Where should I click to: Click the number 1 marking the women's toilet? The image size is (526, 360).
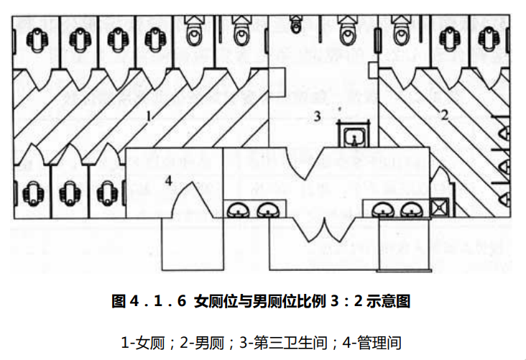(x=149, y=115)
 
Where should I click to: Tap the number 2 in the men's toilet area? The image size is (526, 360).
(x=444, y=114)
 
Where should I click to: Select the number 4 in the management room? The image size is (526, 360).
(x=168, y=181)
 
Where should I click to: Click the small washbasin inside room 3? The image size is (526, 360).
(x=352, y=134)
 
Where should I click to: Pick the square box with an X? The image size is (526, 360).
(x=438, y=208)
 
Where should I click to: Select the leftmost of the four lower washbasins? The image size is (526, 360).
(x=238, y=209)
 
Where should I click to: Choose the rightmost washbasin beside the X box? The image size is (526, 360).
(x=410, y=209)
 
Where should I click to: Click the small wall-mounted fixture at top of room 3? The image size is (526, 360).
(x=295, y=27)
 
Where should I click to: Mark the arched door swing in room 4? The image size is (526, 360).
(x=189, y=197)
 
